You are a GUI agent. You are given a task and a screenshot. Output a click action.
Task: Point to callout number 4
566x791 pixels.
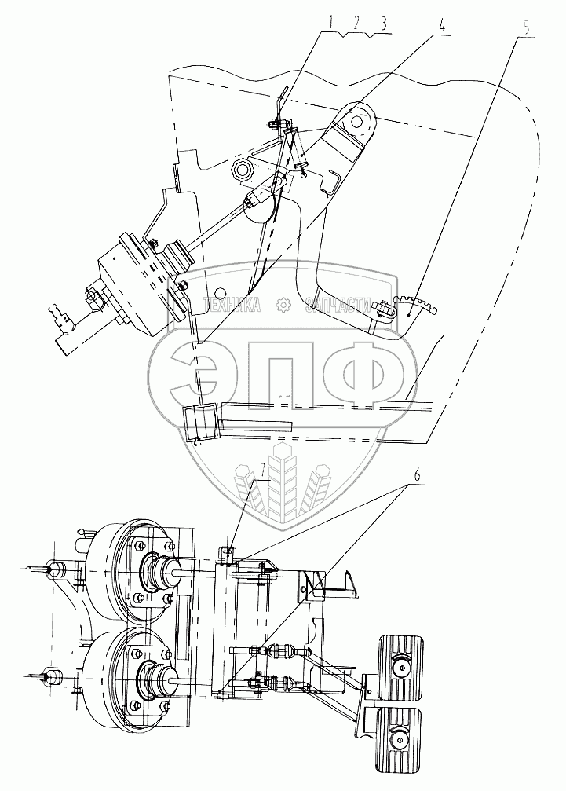pos(441,24)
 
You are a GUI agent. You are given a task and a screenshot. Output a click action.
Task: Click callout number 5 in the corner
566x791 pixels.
pos(526,27)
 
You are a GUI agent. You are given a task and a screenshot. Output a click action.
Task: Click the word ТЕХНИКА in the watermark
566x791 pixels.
pos(232,305)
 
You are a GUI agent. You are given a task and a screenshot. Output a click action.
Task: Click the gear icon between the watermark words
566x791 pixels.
pos(283,305)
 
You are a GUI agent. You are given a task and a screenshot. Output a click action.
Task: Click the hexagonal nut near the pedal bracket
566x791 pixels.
pos(245,171)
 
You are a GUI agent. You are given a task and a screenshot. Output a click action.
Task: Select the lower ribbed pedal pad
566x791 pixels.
pos(400,737)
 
